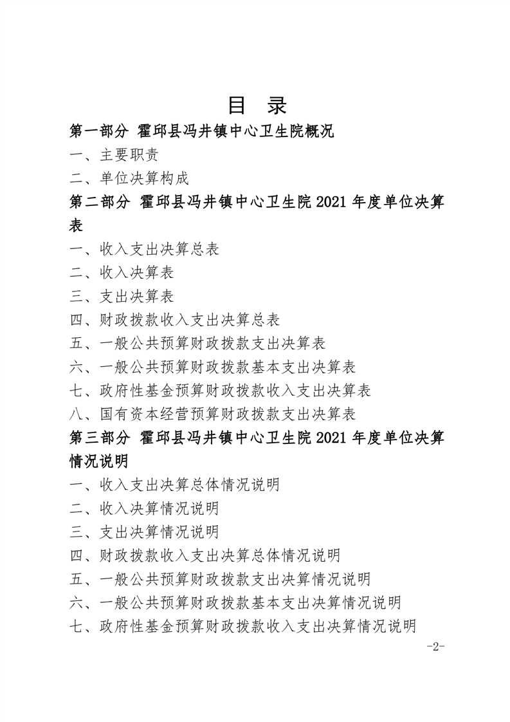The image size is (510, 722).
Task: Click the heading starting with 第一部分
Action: coord(202,132)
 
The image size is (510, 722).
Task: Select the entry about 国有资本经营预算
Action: coord(213,414)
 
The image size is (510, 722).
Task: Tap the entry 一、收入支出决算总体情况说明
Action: coord(174,485)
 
